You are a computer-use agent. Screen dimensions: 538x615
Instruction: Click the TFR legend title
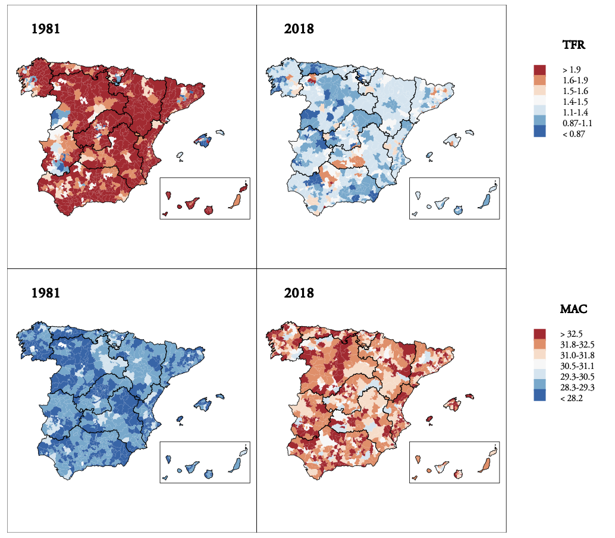point(574,45)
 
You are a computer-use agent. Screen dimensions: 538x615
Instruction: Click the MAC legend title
point(574,309)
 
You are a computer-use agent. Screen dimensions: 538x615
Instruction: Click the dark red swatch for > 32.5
point(539,333)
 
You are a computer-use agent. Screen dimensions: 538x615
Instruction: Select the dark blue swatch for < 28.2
point(539,398)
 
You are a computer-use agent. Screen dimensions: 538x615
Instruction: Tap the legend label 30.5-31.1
point(578,365)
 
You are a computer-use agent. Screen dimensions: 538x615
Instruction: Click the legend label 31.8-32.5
point(578,344)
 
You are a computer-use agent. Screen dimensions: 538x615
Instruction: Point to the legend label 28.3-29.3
point(578,387)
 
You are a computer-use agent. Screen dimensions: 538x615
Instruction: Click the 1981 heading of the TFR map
point(46,29)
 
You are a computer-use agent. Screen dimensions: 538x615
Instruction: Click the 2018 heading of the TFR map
point(299,29)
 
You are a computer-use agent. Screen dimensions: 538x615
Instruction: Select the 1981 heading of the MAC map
point(46,293)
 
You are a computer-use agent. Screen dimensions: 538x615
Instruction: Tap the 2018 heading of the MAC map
point(299,293)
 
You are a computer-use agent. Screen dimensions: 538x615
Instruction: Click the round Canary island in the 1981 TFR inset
point(209,211)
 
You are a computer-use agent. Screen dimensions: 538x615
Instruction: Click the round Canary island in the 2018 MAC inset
point(458,474)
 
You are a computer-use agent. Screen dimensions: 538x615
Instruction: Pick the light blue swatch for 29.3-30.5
point(539,376)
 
